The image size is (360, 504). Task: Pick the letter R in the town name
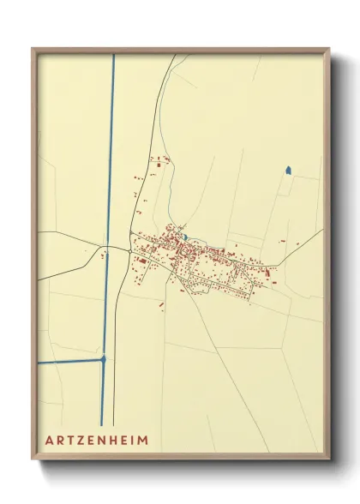(61, 439)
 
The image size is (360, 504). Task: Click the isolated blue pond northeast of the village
(289, 171)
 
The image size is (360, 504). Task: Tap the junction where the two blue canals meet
(104, 361)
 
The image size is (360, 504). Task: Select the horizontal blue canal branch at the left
(69, 362)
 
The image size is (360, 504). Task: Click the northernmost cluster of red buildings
(159, 159)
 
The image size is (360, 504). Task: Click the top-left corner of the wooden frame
(33, 49)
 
